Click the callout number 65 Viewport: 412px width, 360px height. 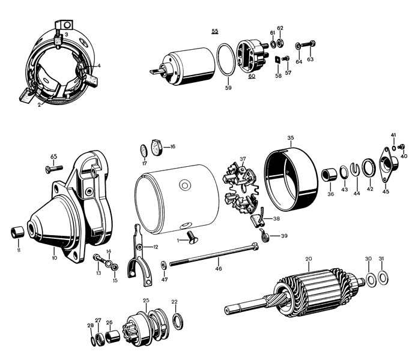[54, 157]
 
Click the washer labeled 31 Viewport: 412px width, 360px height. [381, 278]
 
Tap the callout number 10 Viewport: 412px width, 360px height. [54, 258]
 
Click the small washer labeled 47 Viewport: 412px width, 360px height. [164, 265]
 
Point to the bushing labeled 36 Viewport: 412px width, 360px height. [329, 175]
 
